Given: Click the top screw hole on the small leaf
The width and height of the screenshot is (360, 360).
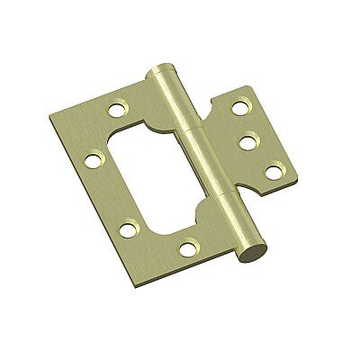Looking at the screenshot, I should pos(239,109).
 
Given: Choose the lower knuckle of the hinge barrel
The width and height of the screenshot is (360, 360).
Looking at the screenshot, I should pos(229,225).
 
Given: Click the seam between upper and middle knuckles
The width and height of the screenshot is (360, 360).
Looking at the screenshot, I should pos(186,128).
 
